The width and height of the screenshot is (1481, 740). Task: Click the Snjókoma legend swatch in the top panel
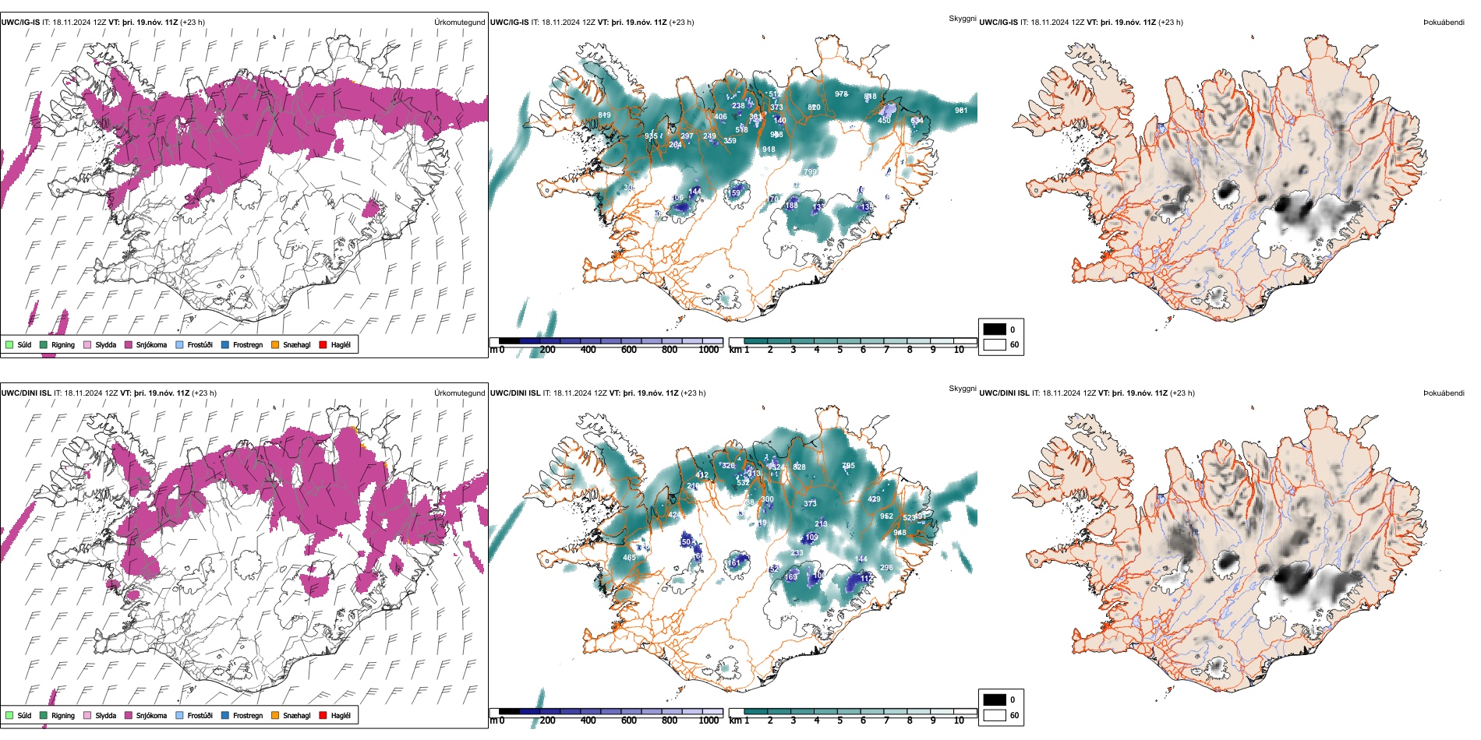pyautogui.click(x=129, y=344)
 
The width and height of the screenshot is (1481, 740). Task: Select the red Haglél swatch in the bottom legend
pyautogui.click(x=323, y=715)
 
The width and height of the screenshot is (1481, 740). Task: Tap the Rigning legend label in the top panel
pyautogui.click(x=63, y=344)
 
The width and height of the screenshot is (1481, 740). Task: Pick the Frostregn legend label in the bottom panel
pyautogui.click(x=247, y=715)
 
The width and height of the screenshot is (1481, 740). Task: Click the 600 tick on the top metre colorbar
pyautogui.click(x=628, y=350)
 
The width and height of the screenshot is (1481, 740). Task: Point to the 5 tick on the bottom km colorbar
pyautogui.click(x=840, y=721)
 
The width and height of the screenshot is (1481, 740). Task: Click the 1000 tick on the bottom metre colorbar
pyautogui.click(x=709, y=721)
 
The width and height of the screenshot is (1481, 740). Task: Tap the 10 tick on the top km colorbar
pyautogui.click(x=959, y=350)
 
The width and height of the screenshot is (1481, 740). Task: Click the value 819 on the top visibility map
pyautogui.click(x=604, y=115)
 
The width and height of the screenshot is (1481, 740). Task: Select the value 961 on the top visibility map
pyautogui.click(x=961, y=111)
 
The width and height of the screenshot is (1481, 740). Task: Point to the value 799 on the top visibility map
pyautogui.click(x=810, y=172)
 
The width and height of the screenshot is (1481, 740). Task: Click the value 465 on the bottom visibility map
pyautogui.click(x=629, y=558)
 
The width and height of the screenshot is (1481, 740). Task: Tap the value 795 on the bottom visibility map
pyautogui.click(x=848, y=466)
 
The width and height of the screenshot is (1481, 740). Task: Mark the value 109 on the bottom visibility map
pyautogui.click(x=811, y=537)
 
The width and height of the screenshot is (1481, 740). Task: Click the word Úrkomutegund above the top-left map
pyautogui.click(x=459, y=22)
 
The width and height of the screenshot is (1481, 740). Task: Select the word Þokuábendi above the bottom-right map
pyautogui.click(x=1444, y=393)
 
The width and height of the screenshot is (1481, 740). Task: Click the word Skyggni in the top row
pyautogui.click(x=962, y=18)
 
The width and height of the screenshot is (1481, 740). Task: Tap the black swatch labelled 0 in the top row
pyautogui.click(x=995, y=329)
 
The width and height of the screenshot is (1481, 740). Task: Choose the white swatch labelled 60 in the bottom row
pyautogui.click(x=995, y=715)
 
